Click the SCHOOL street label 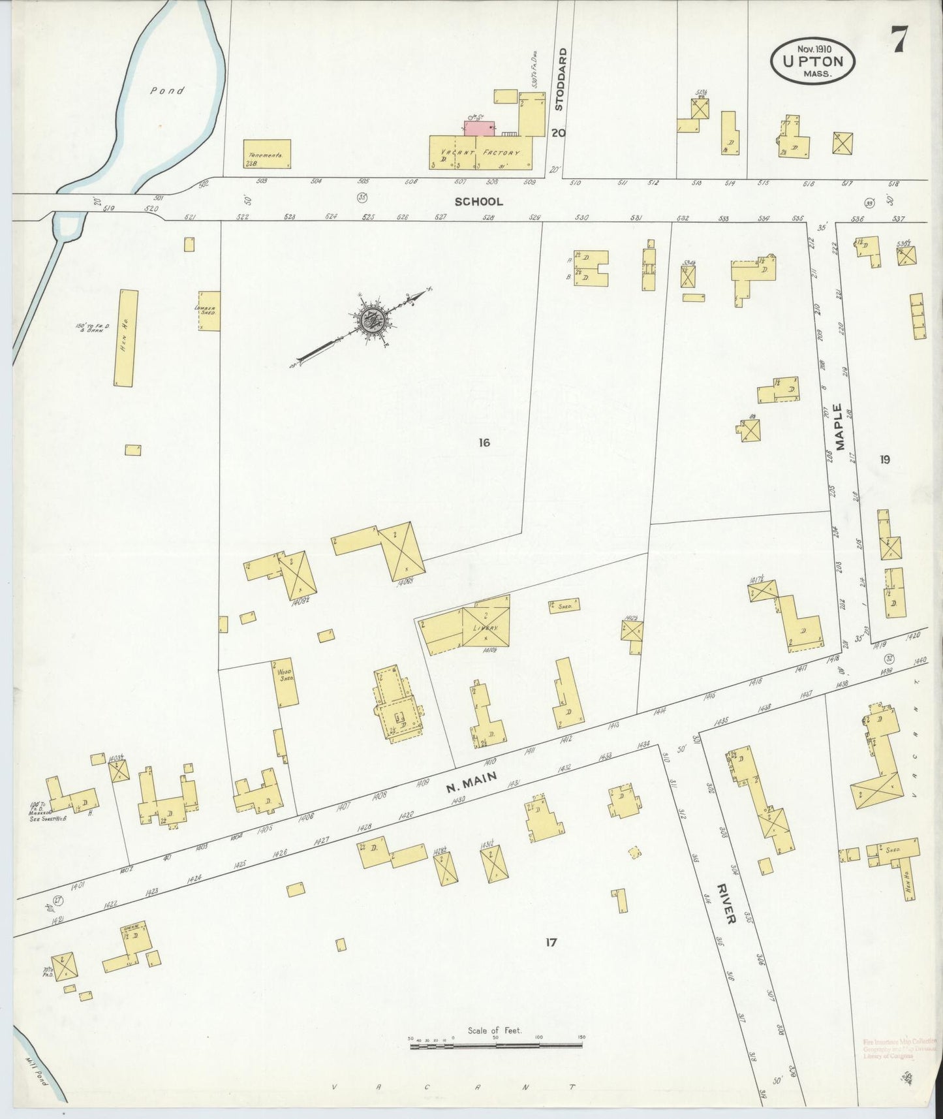(x=479, y=202)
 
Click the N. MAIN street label (x=472, y=781)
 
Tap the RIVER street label (x=726, y=904)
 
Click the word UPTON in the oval (x=812, y=62)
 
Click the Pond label (x=167, y=91)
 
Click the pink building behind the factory (x=478, y=128)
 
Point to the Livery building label (x=486, y=628)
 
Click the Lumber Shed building (x=209, y=311)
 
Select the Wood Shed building (x=285, y=683)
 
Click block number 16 (x=484, y=443)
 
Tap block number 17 (x=551, y=941)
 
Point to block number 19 (x=884, y=459)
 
